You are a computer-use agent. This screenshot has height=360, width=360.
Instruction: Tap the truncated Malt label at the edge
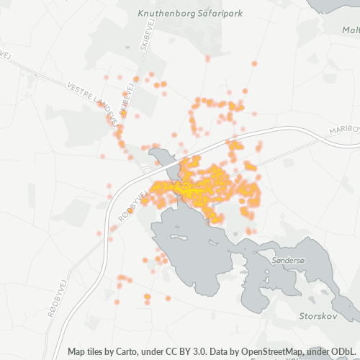(x=351, y=30)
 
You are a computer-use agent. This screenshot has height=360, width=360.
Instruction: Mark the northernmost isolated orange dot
(x=254, y=63)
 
